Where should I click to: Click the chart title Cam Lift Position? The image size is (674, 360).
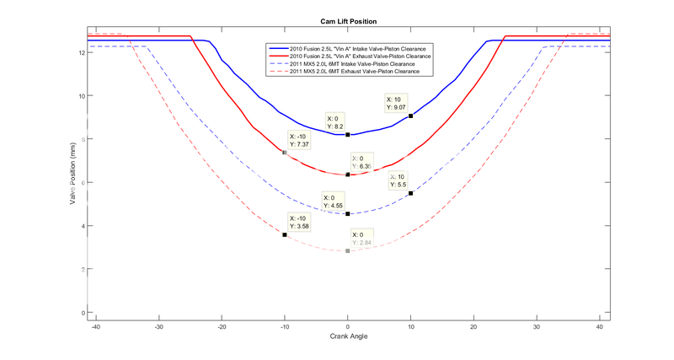point(348,19)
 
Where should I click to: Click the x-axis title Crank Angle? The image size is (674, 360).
point(348,336)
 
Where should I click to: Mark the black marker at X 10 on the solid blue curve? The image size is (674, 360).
point(410,116)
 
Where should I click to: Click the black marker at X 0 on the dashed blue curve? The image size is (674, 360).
point(347,214)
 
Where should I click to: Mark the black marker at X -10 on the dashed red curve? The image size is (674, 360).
point(285,234)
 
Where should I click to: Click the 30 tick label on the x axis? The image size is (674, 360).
point(536,326)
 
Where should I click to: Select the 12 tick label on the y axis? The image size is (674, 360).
point(81,52)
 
